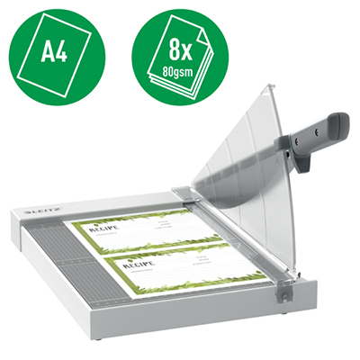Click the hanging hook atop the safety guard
click(x=267, y=88)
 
